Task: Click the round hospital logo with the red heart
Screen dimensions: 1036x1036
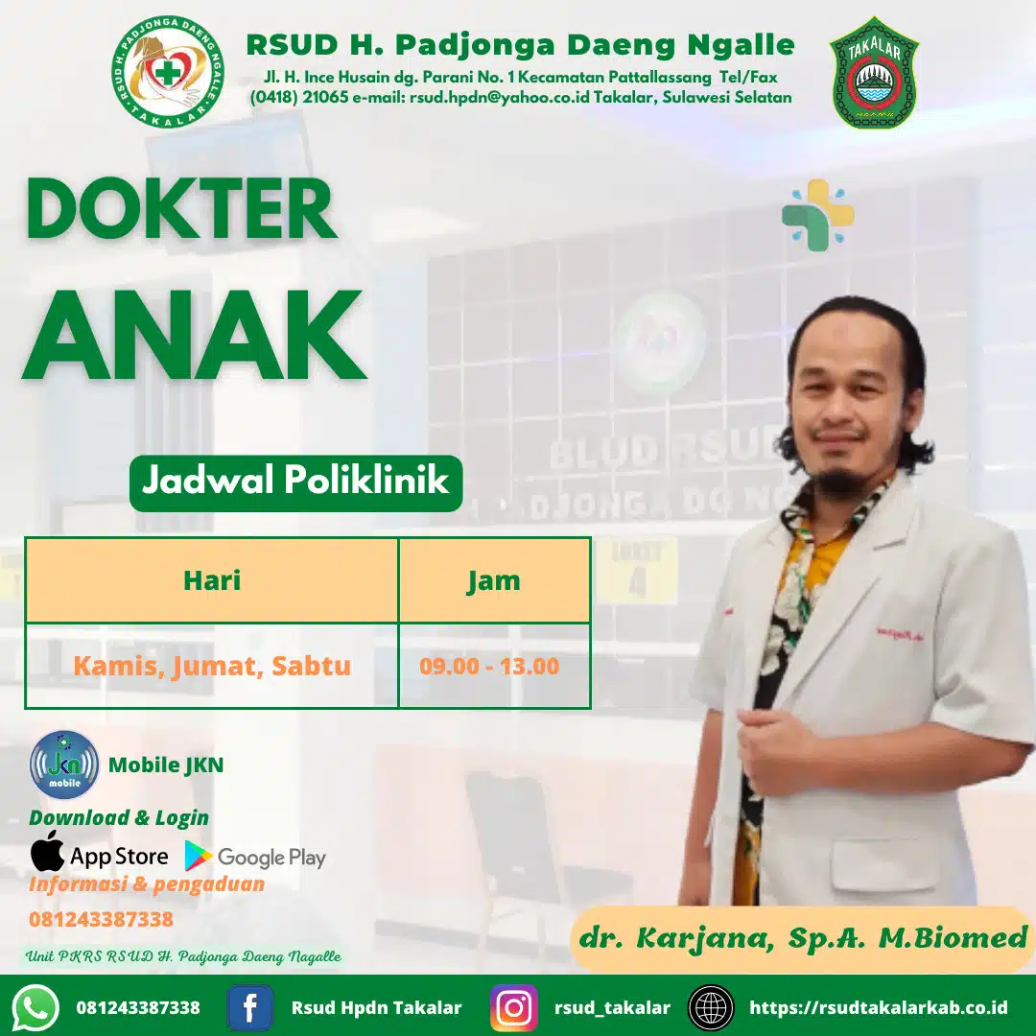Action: tap(169, 73)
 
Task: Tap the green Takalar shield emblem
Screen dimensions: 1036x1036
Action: tap(874, 73)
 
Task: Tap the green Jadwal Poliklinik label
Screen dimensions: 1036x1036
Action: tap(295, 482)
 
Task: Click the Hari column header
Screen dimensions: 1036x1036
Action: tap(211, 580)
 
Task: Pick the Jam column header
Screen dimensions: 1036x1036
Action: tap(494, 580)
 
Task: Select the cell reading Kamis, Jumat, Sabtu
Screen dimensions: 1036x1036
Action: tap(211, 666)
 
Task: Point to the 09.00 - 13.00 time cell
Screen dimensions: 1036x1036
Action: tap(489, 666)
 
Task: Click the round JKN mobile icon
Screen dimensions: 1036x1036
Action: tap(64, 765)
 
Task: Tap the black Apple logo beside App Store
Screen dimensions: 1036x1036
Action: tap(47, 852)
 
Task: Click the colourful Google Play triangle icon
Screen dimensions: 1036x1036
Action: tap(199, 856)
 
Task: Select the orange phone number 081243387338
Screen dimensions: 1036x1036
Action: tap(101, 919)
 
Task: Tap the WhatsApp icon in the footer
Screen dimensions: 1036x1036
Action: tap(36, 1007)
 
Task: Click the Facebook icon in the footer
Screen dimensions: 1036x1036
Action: tap(249, 1007)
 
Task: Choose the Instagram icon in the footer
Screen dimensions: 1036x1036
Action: tap(514, 1007)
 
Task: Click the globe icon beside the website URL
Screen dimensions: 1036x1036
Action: tap(711, 1007)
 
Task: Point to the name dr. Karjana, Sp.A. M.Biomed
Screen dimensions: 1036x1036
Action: tap(802, 936)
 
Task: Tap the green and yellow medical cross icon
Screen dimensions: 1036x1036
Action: tap(817, 215)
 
